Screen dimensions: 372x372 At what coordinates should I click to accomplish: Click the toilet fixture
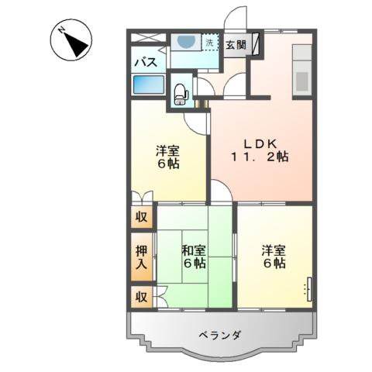pos(181,94)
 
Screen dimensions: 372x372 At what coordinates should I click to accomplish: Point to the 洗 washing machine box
pos(210,43)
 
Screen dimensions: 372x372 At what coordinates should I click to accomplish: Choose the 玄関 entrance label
pos(236,45)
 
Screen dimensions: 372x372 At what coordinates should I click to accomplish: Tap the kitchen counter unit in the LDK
pos(301,69)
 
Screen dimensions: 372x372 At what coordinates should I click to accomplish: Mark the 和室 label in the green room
pos(194,250)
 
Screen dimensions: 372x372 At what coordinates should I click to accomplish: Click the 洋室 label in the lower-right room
pos(272,250)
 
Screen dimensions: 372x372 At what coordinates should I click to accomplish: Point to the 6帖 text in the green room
pos(194,263)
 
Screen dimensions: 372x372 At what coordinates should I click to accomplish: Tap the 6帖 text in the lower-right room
pos(272,263)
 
